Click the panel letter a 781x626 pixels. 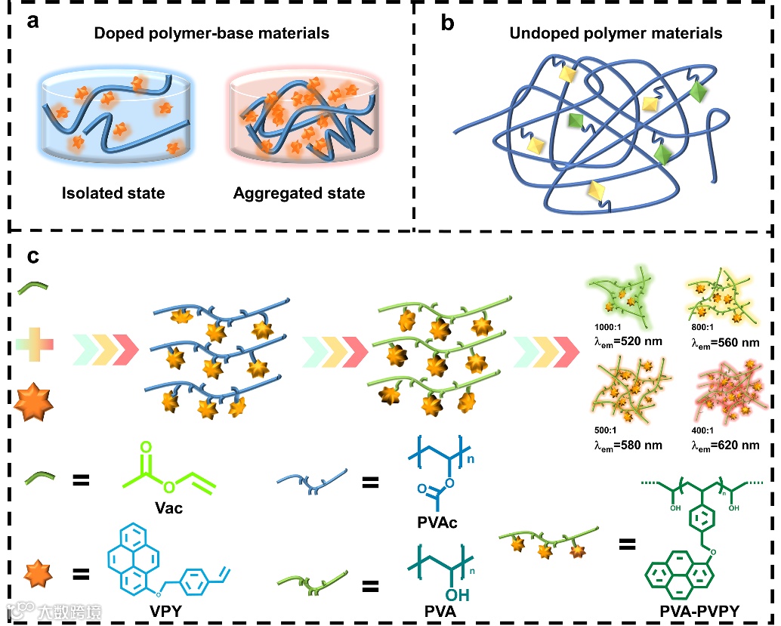coord(32,21)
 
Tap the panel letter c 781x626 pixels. coord(33,257)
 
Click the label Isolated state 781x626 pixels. coord(113,193)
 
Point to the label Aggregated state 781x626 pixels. coord(299,193)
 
